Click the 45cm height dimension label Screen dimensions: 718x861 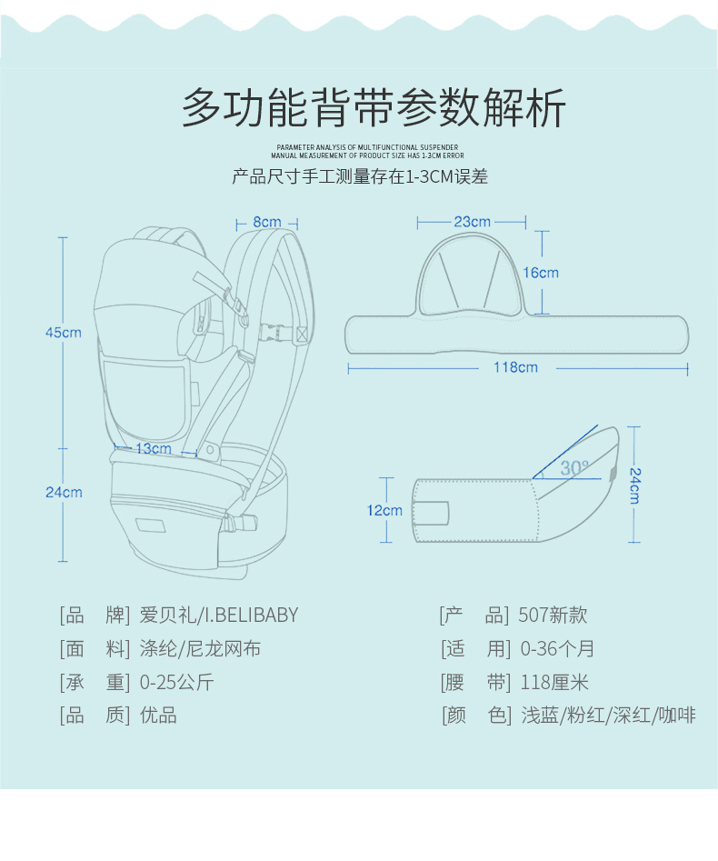(64, 333)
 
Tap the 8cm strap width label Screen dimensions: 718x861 (266, 222)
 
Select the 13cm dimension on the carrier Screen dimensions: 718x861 (153, 448)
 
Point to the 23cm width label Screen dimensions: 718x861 (472, 222)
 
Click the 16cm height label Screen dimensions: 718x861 (541, 273)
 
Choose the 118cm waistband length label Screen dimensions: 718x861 (515, 367)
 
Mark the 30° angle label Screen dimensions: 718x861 (573, 468)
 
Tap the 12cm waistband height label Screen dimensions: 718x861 (384, 511)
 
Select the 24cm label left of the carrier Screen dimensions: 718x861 (64, 493)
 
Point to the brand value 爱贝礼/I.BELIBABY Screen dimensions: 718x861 (219, 616)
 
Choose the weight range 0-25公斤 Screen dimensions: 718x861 (177, 683)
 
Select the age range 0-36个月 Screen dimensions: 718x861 (557, 649)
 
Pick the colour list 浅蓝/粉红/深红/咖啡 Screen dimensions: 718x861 (608, 716)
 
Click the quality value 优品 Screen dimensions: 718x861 (158, 716)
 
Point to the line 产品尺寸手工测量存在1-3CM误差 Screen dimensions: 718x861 (360, 176)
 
